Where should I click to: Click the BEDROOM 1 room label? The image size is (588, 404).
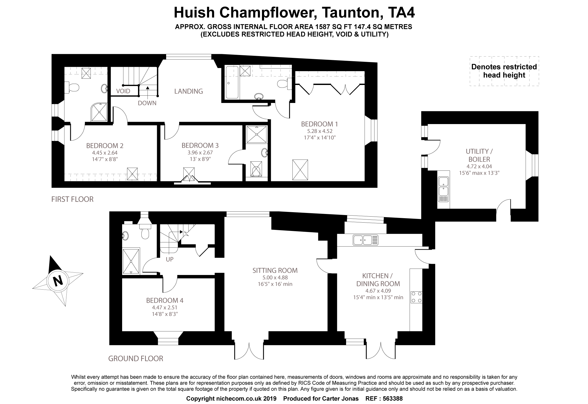tap(320, 124)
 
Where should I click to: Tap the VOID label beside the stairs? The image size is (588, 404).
tap(123, 91)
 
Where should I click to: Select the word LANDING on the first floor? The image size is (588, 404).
tap(189, 91)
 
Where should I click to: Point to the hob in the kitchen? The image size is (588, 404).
tap(416, 297)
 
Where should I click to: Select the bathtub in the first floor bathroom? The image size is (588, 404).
tap(232, 82)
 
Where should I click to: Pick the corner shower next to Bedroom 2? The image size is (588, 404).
tap(99, 112)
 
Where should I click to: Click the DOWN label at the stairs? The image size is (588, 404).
tap(147, 103)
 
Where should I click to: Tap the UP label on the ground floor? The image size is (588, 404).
tap(170, 260)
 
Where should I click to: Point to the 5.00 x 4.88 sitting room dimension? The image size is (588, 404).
tap(275, 278)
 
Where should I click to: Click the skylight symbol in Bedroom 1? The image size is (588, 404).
tap(300, 170)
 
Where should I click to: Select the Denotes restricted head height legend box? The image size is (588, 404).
tap(504, 71)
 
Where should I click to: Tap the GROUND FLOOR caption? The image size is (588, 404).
tap(136, 359)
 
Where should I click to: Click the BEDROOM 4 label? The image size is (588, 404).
tap(165, 301)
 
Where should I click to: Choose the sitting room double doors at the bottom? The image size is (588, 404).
tap(249, 351)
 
